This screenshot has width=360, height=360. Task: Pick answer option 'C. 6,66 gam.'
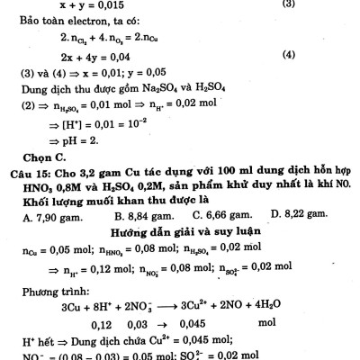click(221, 218)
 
